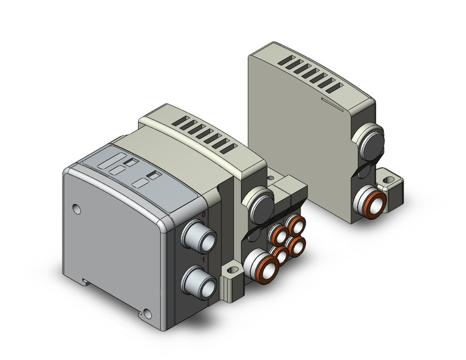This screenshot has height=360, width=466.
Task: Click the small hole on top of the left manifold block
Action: (x=271, y=179)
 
